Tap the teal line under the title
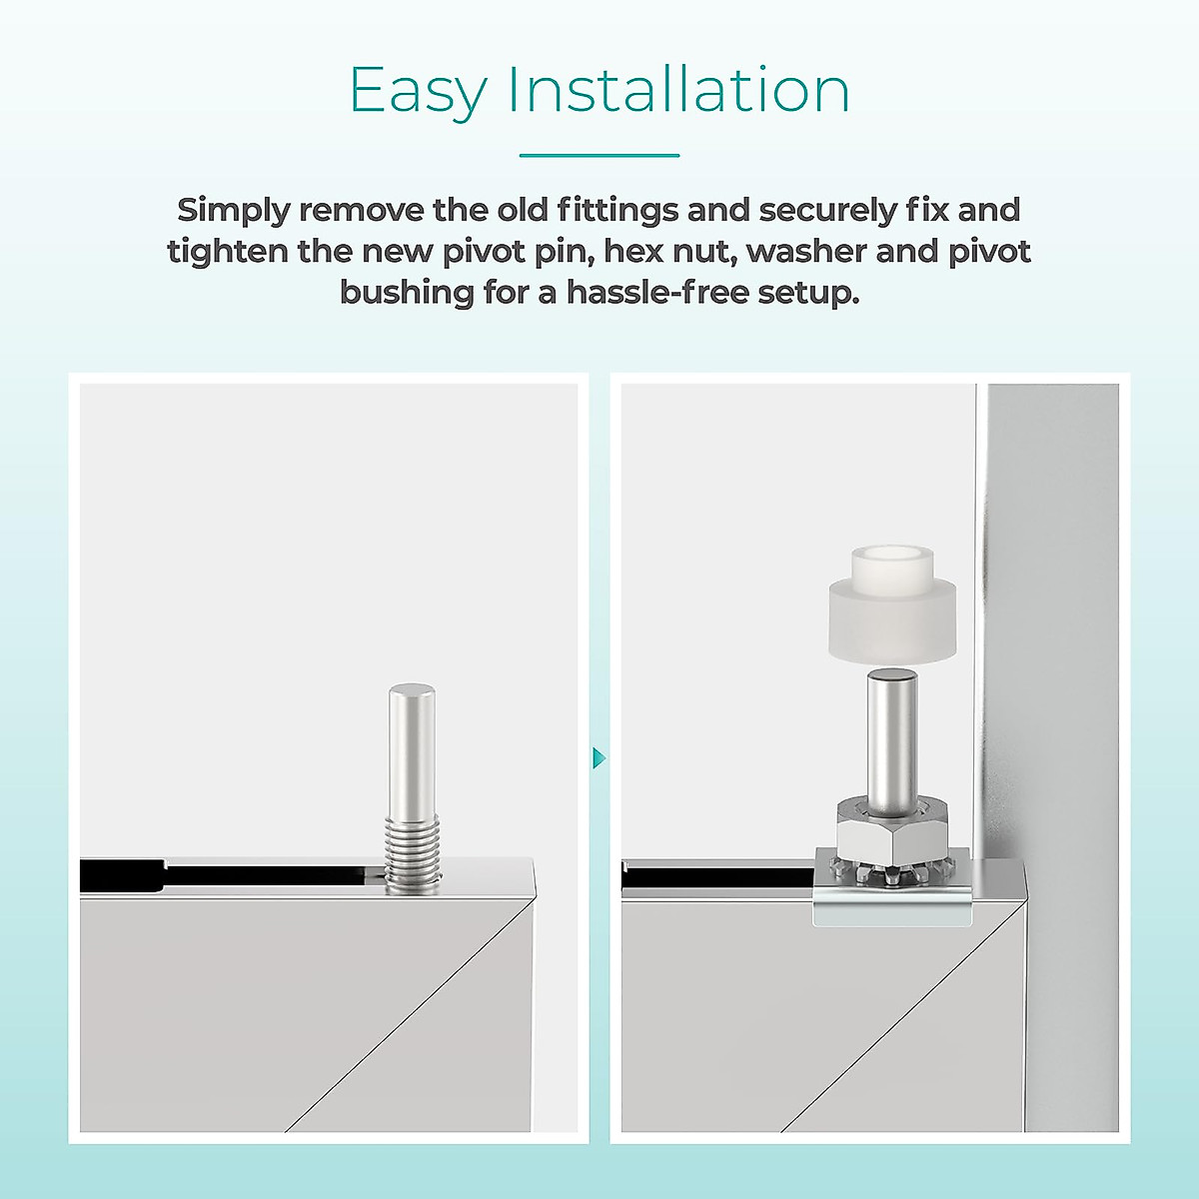point(599,156)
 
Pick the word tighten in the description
point(227,251)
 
